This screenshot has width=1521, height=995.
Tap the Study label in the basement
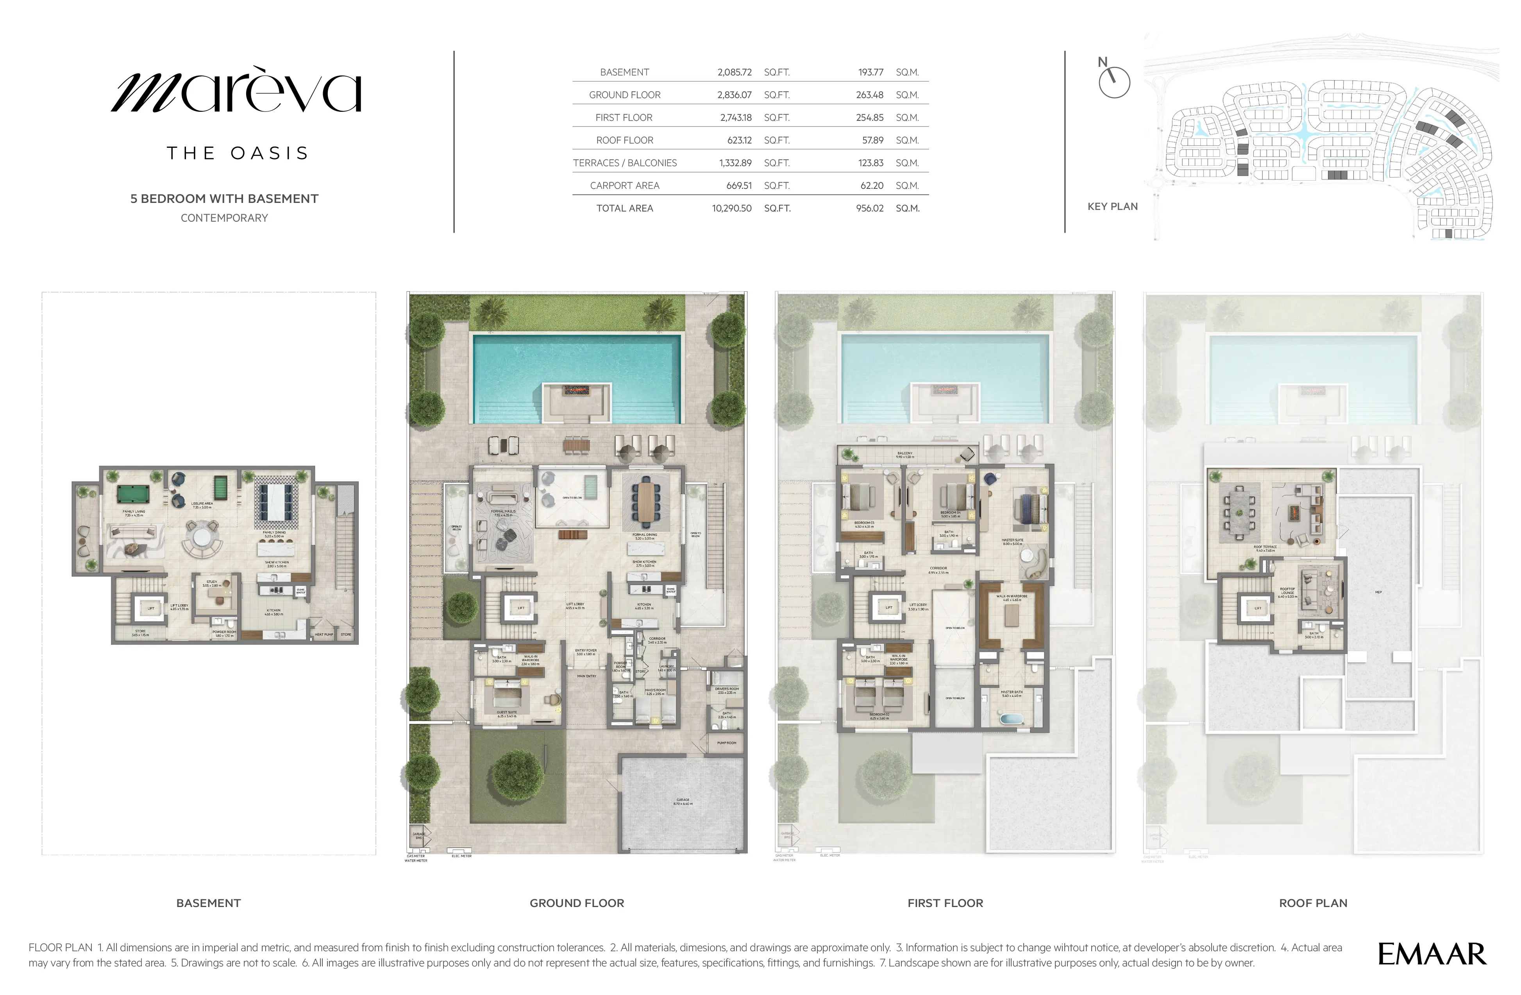pos(211,583)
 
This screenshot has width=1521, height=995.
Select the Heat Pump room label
pos(324,635)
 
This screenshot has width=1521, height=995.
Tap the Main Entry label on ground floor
pos(586,676)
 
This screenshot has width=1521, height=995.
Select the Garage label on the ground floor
pos(683,801)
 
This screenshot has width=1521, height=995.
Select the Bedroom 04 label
pos(950,513)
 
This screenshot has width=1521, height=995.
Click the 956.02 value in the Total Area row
pos(869,208)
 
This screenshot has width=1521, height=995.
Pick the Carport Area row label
pos(624,185)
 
